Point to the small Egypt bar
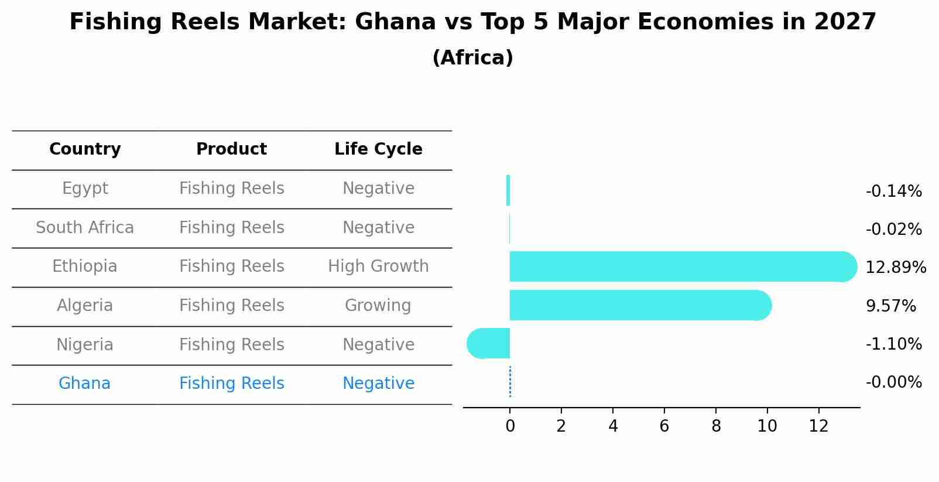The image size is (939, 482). click(508, 190)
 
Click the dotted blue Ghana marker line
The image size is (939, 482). click(510, 382)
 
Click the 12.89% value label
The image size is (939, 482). click(895, 268)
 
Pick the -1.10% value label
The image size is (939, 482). click(893, 344)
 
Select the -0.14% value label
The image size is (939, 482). click(893, 192)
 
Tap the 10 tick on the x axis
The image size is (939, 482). click(767, 426)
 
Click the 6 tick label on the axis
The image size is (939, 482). click(664, 426)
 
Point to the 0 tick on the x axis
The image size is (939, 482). click(510, 426)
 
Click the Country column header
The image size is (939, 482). click(85, 149)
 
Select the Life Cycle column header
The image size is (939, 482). click(378, 149)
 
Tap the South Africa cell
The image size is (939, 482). click(85, 228)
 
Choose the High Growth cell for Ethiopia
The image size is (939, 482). click(378, 266)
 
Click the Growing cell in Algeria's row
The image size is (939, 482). click(378, 306)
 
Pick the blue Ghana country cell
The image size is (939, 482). click(85, 384)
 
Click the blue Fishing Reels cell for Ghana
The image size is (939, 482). click(232, 384)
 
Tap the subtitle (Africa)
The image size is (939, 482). click(472, 58)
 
